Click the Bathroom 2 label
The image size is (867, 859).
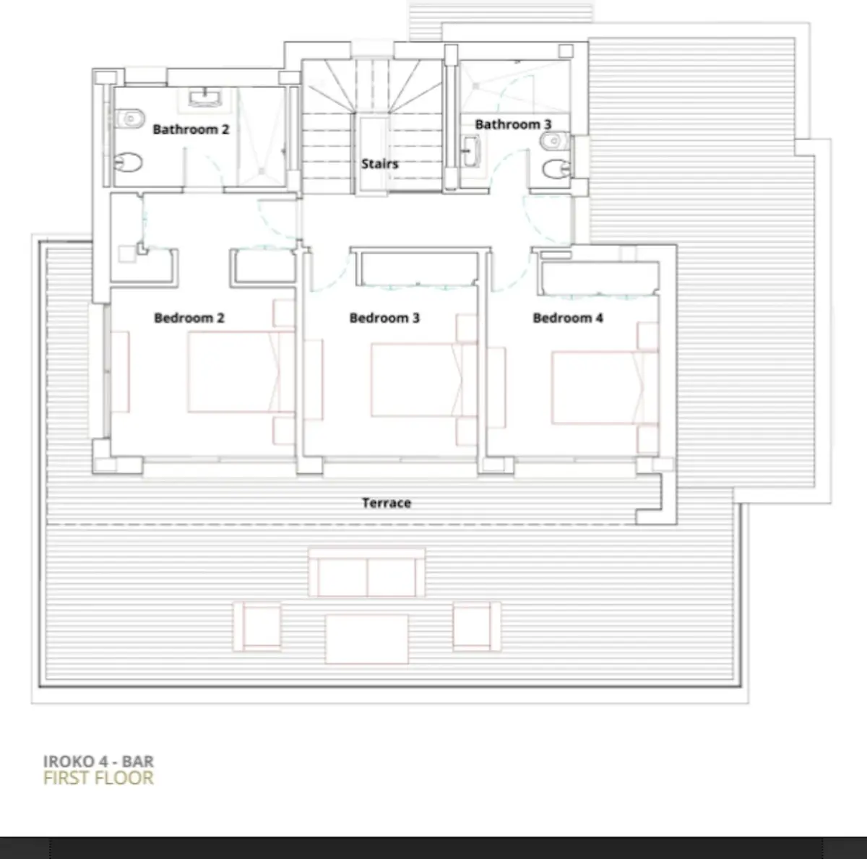(x=191, y=129)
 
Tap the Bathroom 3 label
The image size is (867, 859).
(x=513, y=124)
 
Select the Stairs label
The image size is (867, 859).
(x=380, y=164)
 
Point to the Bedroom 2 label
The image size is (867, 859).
(x=189, y=318)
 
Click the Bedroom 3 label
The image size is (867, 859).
(x=384, y=318)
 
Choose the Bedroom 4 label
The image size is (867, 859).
(x=568, y=318)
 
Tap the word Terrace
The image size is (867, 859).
(x=387, y=503)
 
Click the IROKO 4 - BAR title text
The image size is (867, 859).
(x=98, y=761)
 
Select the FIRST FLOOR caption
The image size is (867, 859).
(x=98, y=778)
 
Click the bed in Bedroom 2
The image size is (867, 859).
(x=241, y=371)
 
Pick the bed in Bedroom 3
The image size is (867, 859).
(x=423, y=380)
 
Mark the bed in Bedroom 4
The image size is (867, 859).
(x=605, y=387)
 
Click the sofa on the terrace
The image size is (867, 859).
(x=367, y=572)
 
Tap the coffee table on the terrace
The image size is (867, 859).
(x=367, y=639)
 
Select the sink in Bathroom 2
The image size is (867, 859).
(x=204, y=98)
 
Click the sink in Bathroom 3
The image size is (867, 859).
(x=470, y=151)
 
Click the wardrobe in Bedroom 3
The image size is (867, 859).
(x=417, y=269)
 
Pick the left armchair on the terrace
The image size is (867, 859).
(x=257, y=626)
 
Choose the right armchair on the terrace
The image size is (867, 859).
(x=476, y=626)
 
